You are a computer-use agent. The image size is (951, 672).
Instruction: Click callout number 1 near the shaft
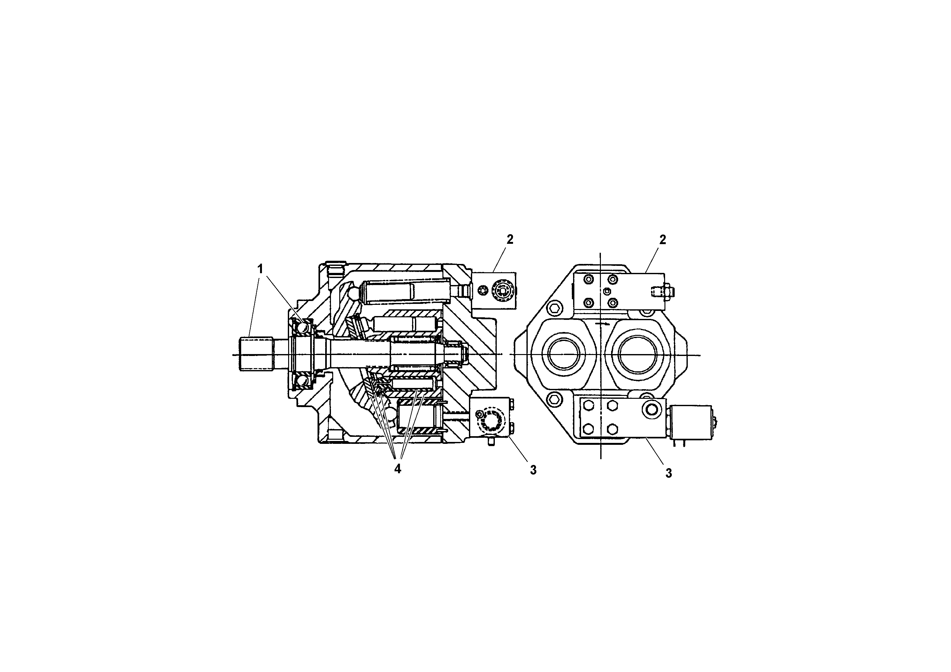coord(260,269)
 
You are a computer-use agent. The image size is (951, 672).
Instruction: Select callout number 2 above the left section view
coord(510,239)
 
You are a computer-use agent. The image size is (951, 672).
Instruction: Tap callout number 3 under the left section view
coord(533,470)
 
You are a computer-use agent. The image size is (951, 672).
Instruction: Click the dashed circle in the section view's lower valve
coord(492,423)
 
